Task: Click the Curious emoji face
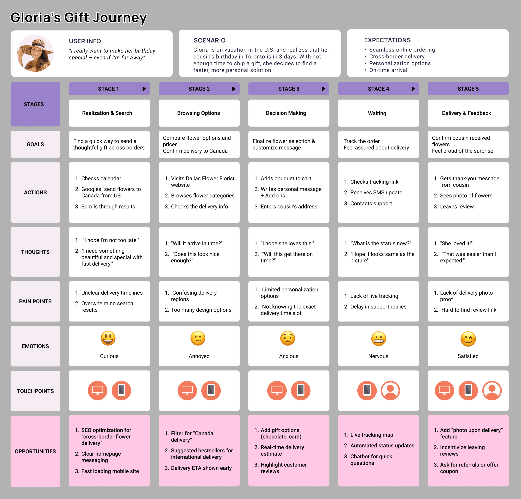click(x=108, y=338)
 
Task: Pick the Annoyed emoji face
click(x=198, y=338)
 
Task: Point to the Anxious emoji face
click(x=288, y=338)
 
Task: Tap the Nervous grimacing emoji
click(x=378, y=339)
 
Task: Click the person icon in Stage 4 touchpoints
click(x=390, y=391)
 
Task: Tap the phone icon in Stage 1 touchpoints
click(x=121, y=391)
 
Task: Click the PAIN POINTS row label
click(x=35, y=301)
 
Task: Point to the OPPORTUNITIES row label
click(x=35, y=451)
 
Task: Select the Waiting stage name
click(x=377, y=113)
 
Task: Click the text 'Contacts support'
click(x=371, y=203)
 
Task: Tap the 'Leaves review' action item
click(x=457, y=207)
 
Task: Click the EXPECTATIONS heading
click(x=387, y=40)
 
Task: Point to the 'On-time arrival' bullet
click(x=388, y=70)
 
